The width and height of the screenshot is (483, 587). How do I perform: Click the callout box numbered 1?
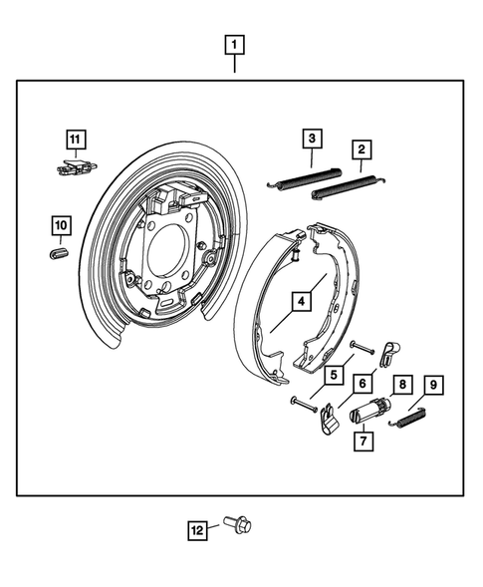235,45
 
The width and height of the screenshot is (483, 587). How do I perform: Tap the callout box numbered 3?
312,139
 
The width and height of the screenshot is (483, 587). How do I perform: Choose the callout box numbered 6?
363,384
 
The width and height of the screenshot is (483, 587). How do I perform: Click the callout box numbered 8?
402,384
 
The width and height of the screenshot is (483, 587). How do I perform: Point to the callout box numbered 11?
77,139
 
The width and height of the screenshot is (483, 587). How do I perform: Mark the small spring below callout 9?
410,421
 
